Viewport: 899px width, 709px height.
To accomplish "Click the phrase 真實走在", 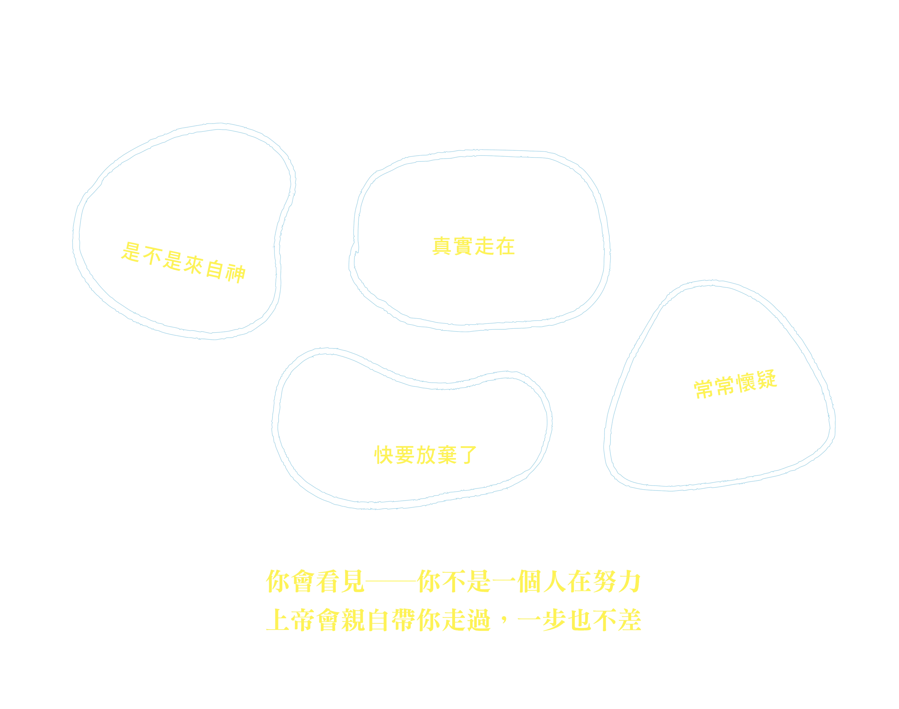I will [473, 246].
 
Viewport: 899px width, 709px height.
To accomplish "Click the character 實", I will [463, 246].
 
